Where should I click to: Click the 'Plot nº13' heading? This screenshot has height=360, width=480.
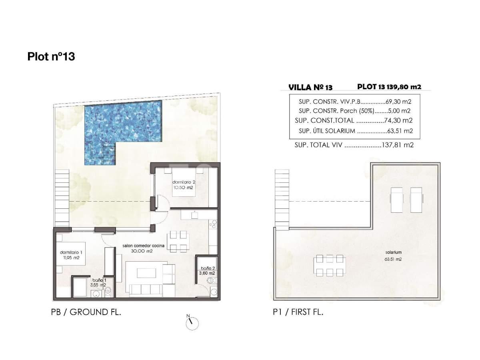(x=51, y=57)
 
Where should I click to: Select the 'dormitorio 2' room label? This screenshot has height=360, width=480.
(x=184, y=182)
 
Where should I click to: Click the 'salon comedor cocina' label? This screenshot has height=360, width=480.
(x=143, y=246)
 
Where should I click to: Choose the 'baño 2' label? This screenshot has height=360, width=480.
(x=208, y=268)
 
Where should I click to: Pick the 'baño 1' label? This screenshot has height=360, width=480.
(x=99, y=280)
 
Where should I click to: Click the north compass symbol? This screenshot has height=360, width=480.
(x=192, y=323)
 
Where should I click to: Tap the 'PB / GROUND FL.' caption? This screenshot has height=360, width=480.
(x=86, y=312)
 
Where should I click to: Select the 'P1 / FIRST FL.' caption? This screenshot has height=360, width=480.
(x=298, y=312)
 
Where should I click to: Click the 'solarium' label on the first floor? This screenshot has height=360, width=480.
(x=394, y=252)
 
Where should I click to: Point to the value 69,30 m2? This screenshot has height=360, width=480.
(x=398, y=102)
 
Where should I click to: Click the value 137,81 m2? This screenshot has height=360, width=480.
(x=398, y=145)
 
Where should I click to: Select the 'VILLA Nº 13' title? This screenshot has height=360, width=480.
(x=310, y=88)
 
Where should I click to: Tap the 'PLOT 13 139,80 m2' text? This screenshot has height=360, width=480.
(x=389, y=87)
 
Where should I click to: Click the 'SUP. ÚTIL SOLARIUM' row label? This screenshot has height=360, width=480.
(x=327, y=131)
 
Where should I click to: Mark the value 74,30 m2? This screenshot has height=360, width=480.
(x=398, y=120)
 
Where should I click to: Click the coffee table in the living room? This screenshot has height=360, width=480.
(x=146, y=273)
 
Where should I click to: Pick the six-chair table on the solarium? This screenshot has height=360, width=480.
(x=330, y=266)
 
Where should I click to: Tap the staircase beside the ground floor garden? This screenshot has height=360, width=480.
(x=62, y=198)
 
